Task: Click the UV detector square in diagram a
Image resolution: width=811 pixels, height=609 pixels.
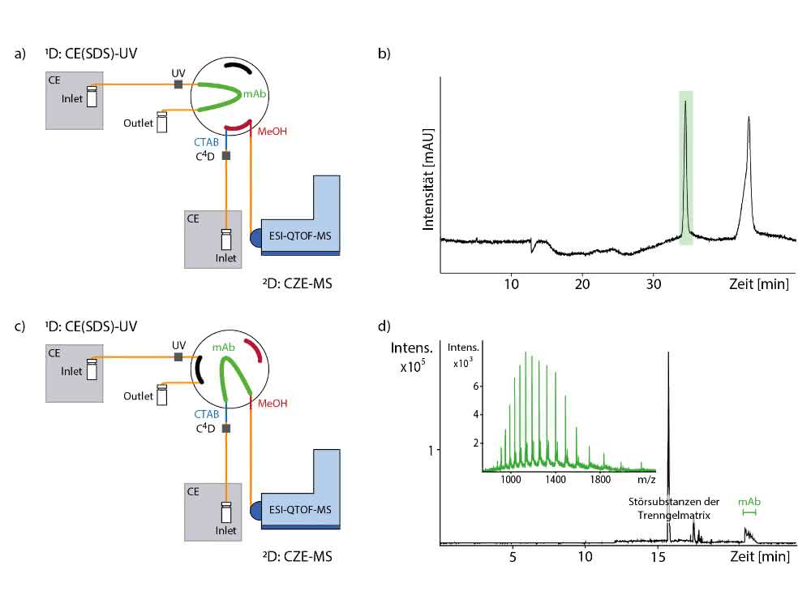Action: pyautogui.click(x=178, y=84)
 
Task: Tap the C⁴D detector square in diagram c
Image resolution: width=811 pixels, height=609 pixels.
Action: pyautogui.click(x=226, y=428)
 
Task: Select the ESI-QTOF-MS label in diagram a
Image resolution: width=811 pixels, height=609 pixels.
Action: pyautogui.click(x=300, y=236)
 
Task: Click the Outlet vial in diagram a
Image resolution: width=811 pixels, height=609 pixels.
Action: pyautogui.click(x=162, y=123)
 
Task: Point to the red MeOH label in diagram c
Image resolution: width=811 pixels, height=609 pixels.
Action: pyautogui.click(x=272, y=404)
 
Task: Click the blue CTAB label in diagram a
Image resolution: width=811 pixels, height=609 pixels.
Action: pyautogui.click(x=206, y=142)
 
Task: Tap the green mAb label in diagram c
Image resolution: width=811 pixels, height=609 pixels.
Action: pyautogui.click(x=224, y=347)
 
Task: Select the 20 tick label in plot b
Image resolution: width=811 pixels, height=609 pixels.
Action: pyautogui.click(x=582, y=284)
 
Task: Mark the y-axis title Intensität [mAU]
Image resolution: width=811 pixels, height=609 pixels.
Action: pyautogui.click(x=427, y=179)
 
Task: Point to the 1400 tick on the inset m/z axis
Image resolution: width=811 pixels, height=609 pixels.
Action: pyautogui.click(x=556, y=480)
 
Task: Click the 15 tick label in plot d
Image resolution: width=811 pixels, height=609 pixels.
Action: pyautogui.click(x=658, y=557)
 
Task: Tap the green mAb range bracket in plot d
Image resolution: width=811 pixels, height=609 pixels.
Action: pyautogui.click(x=749, y=512)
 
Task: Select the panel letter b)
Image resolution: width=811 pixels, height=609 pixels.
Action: pyautogui.click(x=384, y=54)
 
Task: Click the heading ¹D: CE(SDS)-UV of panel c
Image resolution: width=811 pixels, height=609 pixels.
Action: pyautogui.click(x=91, y=326)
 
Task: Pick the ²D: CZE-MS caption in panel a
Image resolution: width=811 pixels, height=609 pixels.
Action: pyautogui.click(x=298, y=283)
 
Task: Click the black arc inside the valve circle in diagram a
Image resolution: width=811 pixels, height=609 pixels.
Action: pyautogui.click(x=238, y=67)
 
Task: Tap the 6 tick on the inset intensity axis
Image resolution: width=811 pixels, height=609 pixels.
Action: pyautogui.click(x=476, y=387)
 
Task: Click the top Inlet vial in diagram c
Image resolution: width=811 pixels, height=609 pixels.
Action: pyautogui.click(x=92, y=369)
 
